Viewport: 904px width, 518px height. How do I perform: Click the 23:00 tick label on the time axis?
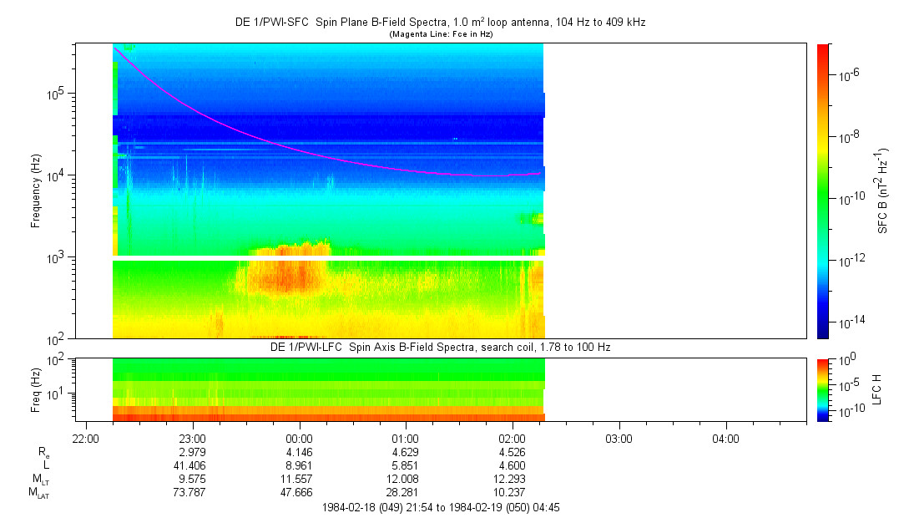(192, 439)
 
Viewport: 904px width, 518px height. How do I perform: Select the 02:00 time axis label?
(512, 439)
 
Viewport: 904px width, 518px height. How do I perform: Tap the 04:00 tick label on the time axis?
(725, 439)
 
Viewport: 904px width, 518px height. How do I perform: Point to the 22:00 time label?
(86, 439)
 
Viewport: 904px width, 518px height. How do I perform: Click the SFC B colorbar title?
(881, 191)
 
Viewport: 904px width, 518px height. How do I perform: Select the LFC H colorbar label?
(877, 389)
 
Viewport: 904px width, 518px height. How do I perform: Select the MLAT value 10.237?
(512, 493)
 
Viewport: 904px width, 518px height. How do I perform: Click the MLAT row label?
(37, 493)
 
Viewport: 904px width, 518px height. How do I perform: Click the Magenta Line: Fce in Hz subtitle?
(441, 34)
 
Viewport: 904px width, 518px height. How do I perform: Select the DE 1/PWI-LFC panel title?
(441, 346)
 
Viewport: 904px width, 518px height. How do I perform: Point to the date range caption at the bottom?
(441, 507)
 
